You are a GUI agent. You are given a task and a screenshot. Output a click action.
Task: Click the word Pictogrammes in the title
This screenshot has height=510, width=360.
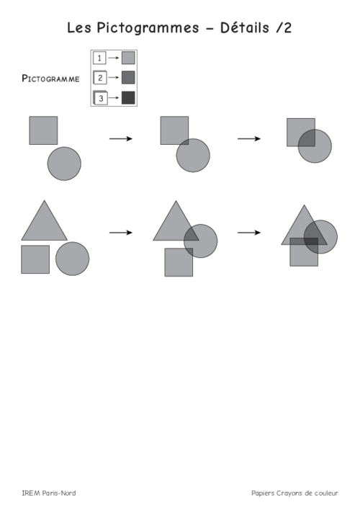pos(148,28)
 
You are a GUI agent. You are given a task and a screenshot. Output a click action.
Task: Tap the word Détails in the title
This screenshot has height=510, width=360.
pos(245,27)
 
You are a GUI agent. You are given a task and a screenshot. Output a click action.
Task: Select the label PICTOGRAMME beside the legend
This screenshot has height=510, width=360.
pos(50,79)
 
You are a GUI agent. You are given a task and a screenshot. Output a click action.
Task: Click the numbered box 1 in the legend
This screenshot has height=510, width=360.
pos(99,58)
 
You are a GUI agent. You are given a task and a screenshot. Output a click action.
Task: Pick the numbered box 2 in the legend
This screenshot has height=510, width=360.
pos(100,78)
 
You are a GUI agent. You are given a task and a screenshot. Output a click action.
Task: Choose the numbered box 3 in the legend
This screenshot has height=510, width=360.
pos(100,97)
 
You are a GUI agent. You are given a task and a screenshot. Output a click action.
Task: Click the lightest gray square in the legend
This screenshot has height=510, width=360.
pos(128,58)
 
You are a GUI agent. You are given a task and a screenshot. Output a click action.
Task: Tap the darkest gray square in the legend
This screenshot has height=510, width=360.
pos(128,97)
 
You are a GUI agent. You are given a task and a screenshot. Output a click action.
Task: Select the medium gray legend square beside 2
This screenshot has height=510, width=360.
pos(128,78)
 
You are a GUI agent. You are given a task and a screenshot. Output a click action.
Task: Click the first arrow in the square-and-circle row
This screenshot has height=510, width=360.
pos(121,139)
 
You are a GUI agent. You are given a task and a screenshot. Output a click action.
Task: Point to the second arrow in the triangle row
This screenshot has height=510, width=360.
pos(249,233)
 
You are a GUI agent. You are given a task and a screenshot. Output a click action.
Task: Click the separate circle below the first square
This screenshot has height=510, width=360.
pos(64,164)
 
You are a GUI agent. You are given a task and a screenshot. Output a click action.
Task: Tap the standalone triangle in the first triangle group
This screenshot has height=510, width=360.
pos(44,225)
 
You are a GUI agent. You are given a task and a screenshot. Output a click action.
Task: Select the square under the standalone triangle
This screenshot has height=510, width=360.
pos(35,259)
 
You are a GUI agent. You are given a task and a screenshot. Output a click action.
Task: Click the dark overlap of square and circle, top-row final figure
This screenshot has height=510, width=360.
pos(307,139)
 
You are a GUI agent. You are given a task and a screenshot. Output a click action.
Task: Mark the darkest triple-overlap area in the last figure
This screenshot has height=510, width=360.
pos(312,241)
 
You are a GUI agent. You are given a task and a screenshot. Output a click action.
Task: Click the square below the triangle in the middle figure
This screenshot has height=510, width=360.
pos(179,262)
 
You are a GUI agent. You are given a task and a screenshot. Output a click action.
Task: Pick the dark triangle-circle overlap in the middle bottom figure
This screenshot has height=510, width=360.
pos(192,234)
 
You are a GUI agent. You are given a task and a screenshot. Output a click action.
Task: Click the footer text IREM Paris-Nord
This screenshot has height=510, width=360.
pos(49,493)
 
